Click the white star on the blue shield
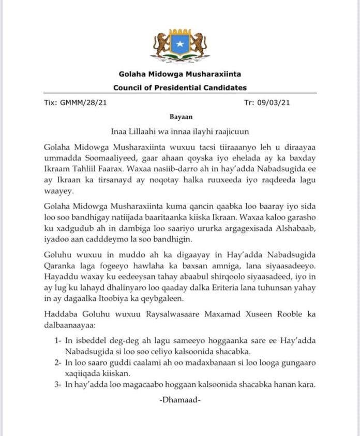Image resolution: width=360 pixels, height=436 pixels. pos(180,45)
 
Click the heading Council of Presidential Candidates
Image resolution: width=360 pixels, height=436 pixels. pos(180,88)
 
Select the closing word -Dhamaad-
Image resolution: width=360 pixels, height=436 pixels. pos(180,400)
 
